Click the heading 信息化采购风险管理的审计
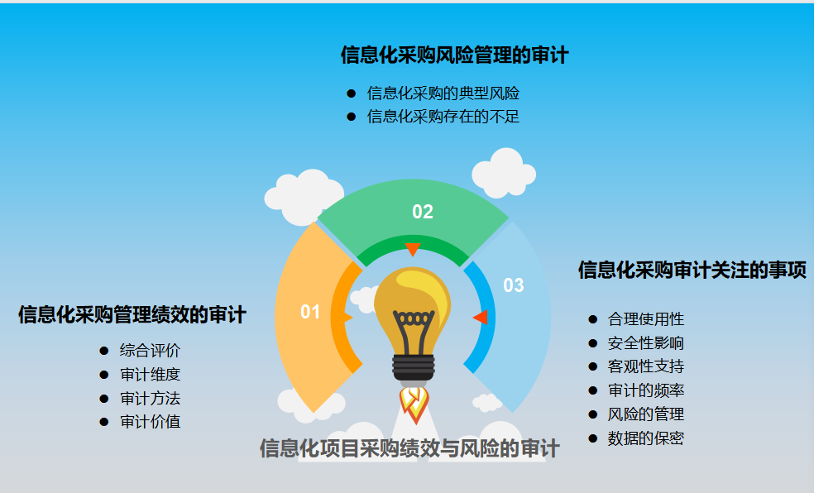[454, 55]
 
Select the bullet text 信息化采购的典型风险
[443, 93]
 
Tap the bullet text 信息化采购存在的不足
[443, 117]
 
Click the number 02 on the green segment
[423, 212]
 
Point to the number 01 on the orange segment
[310, 312]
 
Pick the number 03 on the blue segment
[514, 285]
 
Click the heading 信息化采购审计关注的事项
[692, 270]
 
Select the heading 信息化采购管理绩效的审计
[132, 315]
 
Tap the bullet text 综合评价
[150, 351]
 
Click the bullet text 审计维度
[150, 375]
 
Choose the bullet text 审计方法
[150, 399]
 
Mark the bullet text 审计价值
[150, 422]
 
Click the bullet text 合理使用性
[645, 319]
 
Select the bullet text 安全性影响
[645, 343]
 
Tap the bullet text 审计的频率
[645, 390]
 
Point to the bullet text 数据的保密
[645, 438]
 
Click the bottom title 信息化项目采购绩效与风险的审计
[409, 448]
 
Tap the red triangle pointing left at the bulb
[481, 317]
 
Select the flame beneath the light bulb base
[414, 402]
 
